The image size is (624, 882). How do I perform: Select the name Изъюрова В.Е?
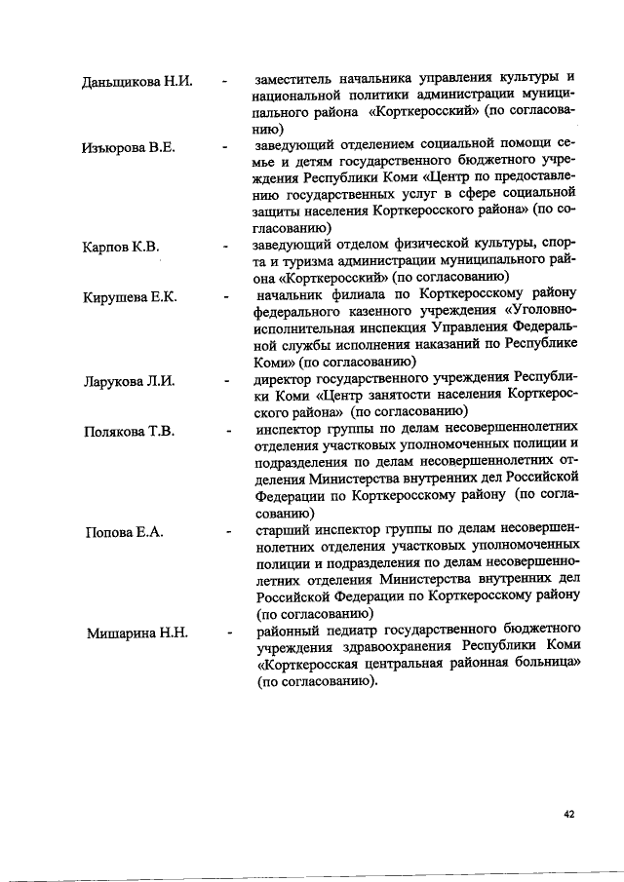tap(128, 147)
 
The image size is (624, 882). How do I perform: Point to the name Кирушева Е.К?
tap(130, 296)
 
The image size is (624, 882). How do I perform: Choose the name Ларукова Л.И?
tap(129, 380)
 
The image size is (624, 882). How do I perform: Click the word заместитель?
tap(295, 79)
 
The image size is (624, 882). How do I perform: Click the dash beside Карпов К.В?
tap(225, 247)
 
